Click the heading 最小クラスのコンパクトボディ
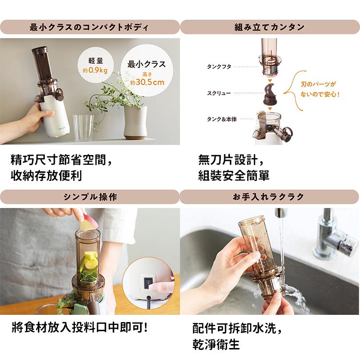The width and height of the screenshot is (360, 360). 90,27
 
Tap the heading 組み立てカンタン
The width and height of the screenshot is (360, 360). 270,27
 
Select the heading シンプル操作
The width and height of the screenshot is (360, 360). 90,197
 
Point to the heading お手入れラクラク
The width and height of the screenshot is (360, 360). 270,197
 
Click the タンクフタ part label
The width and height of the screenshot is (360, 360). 218,67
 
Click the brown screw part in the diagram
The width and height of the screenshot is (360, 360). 270,93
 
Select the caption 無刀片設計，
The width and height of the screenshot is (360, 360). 230,158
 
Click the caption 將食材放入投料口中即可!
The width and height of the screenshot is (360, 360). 80,329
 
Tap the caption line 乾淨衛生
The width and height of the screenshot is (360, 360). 216,344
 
